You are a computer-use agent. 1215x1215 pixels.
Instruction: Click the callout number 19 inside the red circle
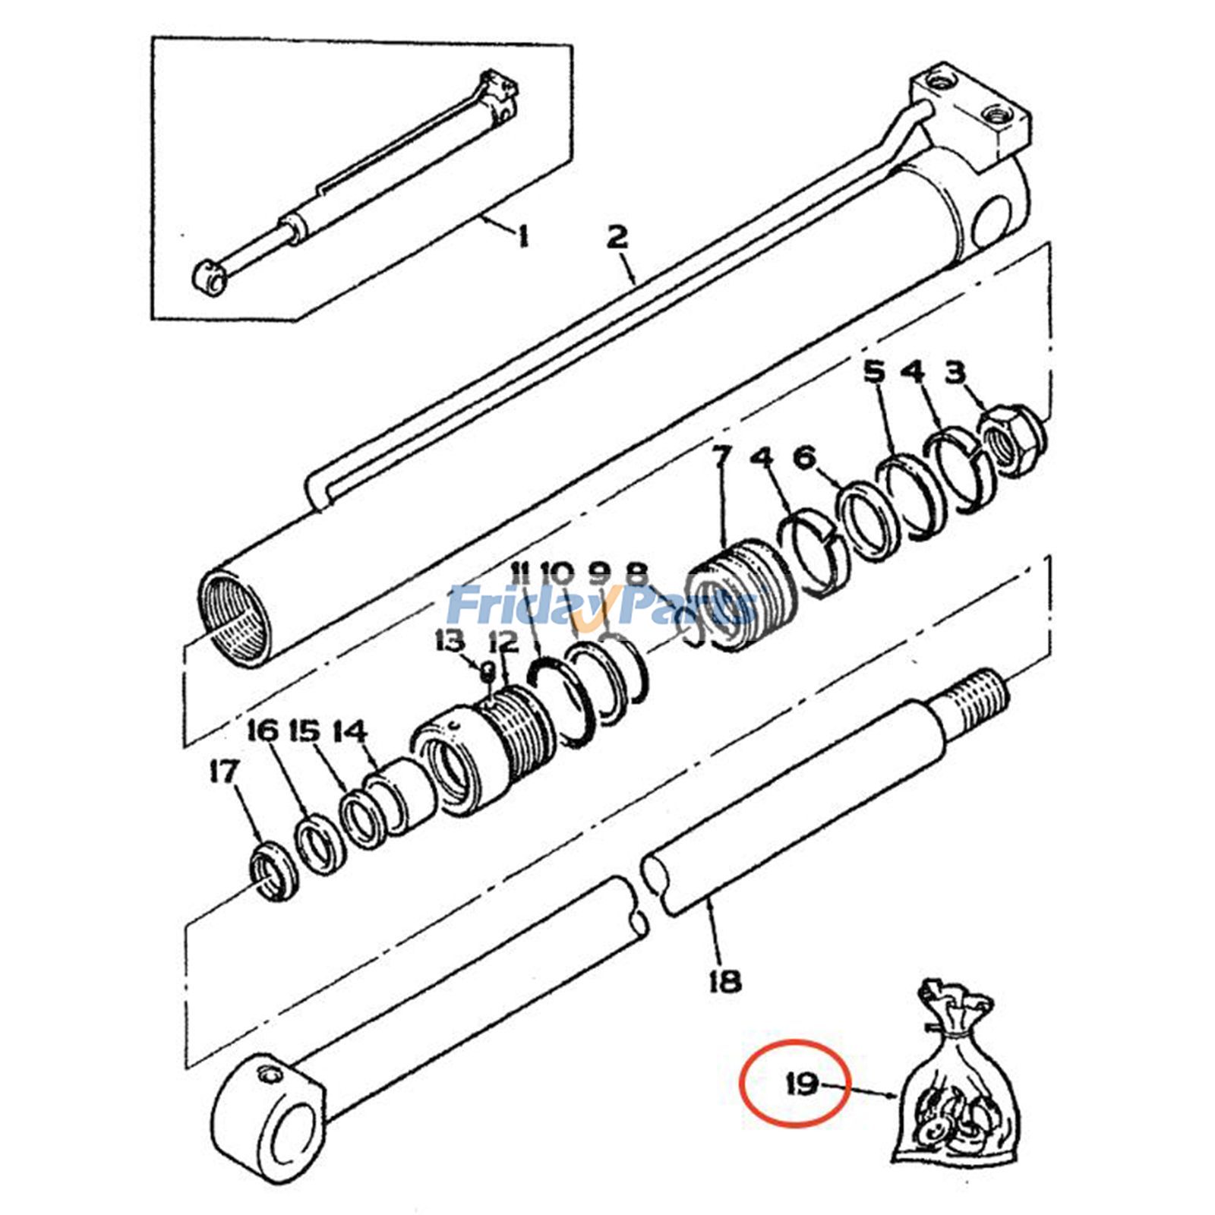[802, 1084]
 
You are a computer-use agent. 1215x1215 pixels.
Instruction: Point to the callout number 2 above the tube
[617, 238]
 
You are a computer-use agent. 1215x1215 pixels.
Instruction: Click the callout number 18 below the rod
[725, 982]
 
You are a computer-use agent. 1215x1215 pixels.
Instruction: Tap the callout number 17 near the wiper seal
[224, 772]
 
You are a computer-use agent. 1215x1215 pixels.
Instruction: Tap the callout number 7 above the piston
[721, 459]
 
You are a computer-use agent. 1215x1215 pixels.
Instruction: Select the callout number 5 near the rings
[874, 373]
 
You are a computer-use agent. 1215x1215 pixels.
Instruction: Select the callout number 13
[450, 642]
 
